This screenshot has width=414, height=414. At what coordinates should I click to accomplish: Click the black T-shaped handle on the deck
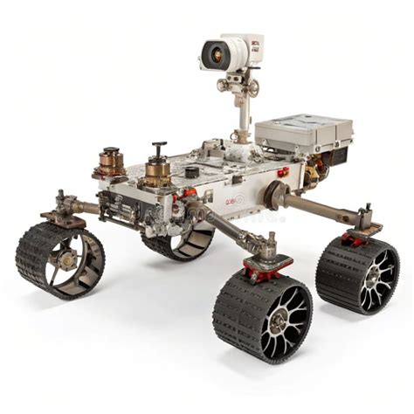[x=158, y=150]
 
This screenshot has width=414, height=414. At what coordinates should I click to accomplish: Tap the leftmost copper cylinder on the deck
[x=111, y=162]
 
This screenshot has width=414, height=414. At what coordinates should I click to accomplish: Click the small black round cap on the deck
[x=190, y=171]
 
